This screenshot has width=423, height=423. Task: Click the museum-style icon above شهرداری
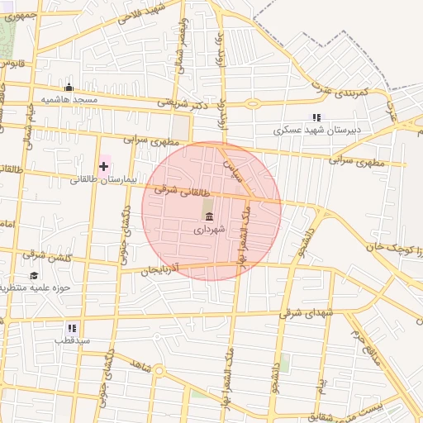coord(208,217)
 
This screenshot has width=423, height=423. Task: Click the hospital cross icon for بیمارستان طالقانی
coord(103,166)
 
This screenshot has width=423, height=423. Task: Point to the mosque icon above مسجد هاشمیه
coord(69,88)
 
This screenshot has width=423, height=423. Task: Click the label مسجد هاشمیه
coord(70,99)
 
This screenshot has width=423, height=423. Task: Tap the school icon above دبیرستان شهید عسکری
coord(316,117)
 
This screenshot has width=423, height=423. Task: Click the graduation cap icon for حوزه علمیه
coord(34,276)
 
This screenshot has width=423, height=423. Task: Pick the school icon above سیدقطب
coord(74,327)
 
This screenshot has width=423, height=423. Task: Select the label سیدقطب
coord(73,340)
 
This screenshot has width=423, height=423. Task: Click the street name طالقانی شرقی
coord(172,187)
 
